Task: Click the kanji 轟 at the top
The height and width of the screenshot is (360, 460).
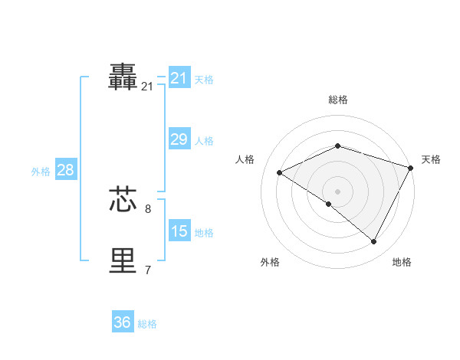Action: coord(123,77)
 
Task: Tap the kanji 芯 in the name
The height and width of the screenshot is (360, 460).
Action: coord(123,198)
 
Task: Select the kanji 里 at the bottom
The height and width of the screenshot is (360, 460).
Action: coord(123,260)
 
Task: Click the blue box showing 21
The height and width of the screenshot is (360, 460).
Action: coord(179,78)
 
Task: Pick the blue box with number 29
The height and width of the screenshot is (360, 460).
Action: coord(179,139)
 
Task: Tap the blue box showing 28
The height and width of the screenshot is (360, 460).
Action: coord(65,170)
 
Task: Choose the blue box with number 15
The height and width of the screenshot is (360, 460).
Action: coord(179,231)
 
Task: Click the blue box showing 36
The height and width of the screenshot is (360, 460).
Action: coord(123,322)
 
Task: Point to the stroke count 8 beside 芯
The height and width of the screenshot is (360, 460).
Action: coord(148,208)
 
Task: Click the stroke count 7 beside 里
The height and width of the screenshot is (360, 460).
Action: coord(148,270)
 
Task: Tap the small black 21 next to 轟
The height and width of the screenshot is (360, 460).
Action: coord(147,87)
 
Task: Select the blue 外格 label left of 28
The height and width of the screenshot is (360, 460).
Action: coord(41,172)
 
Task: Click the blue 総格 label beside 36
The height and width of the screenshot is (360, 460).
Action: coord(147,324)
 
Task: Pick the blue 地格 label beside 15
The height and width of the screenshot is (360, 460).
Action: coord(204,233)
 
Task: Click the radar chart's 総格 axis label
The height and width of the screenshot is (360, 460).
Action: coord(338,100)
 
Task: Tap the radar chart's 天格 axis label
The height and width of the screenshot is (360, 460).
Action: coord(431,159)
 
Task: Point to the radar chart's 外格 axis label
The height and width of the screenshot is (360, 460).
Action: coord(270,262)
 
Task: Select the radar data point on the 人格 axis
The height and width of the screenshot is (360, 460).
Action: coord(280,172)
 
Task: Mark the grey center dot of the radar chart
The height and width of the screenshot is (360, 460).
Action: coord(337,191)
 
